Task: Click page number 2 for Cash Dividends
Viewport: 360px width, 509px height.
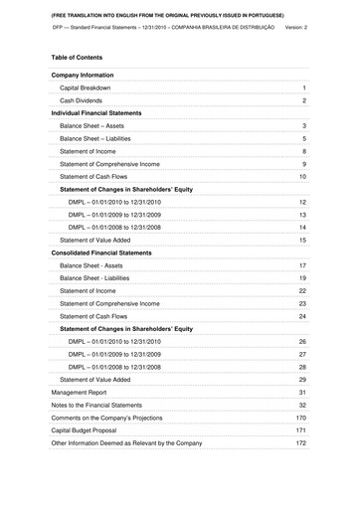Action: pyautogui.click(x=303, y=101)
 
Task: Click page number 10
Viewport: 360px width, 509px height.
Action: pyautogui.click(x=302, y=176)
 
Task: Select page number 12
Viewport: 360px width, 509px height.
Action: pyautogui.click(x=302, y=202)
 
